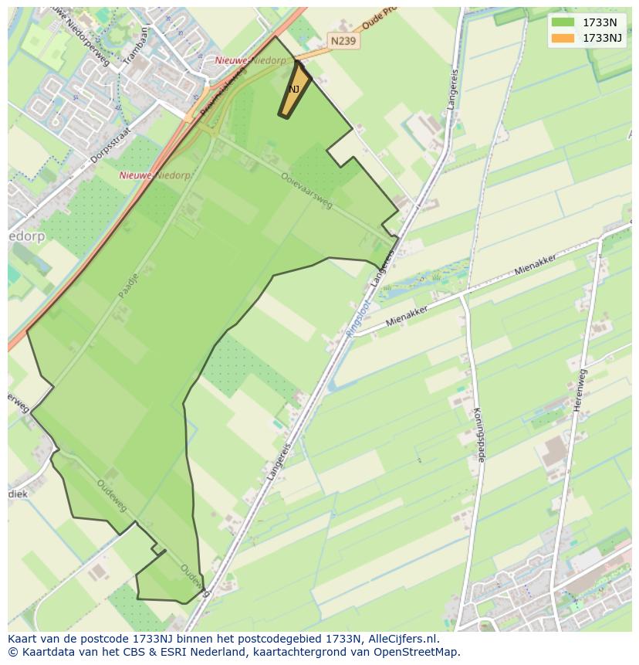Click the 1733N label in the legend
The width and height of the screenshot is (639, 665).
click(599, 22)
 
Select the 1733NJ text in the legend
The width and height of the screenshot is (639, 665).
click(602, 38)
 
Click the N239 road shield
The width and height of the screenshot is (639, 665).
click(343, 41)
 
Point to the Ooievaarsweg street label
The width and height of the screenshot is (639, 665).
click(307, 190)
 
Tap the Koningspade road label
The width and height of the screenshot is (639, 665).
click(478, 434)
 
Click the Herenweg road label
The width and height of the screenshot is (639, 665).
click(580, 390)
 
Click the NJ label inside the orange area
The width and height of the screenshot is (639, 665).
click(294, 90)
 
